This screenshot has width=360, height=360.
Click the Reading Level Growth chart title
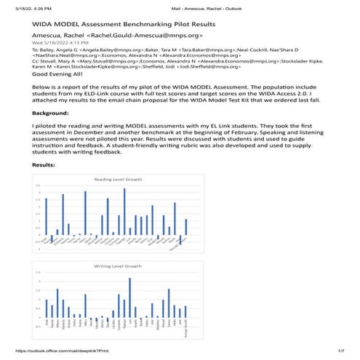pos(116,178)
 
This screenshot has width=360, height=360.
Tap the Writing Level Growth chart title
pos(116,267)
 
